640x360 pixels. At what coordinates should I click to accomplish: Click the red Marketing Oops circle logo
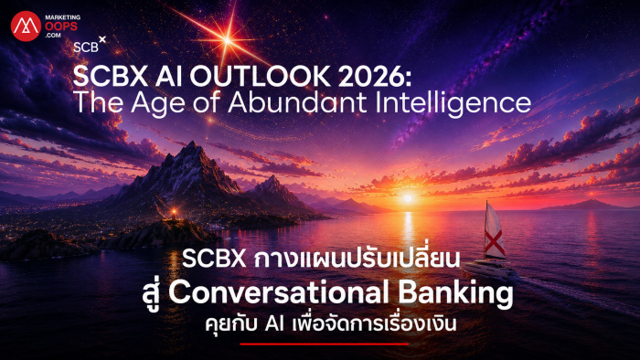26,26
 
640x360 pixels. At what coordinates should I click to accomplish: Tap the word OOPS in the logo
61,26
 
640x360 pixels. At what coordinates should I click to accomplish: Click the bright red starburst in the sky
228,40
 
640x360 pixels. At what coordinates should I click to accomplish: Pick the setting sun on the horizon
408,198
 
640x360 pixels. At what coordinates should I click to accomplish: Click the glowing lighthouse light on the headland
175,211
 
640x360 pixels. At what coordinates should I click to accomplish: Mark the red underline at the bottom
325,344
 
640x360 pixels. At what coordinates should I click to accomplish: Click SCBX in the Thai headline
214,259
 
